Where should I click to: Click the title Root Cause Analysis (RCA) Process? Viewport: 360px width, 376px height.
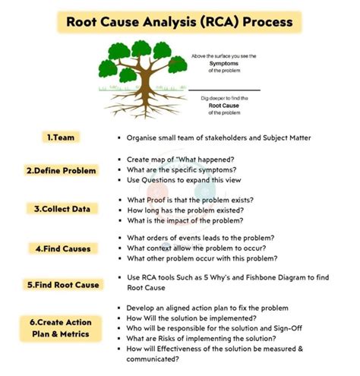179,21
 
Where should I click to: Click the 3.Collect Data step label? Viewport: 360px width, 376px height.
58,208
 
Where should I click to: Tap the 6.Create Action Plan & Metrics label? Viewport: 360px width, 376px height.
61,328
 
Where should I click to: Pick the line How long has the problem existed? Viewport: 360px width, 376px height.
191,209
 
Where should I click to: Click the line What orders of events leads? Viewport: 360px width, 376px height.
201,237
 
